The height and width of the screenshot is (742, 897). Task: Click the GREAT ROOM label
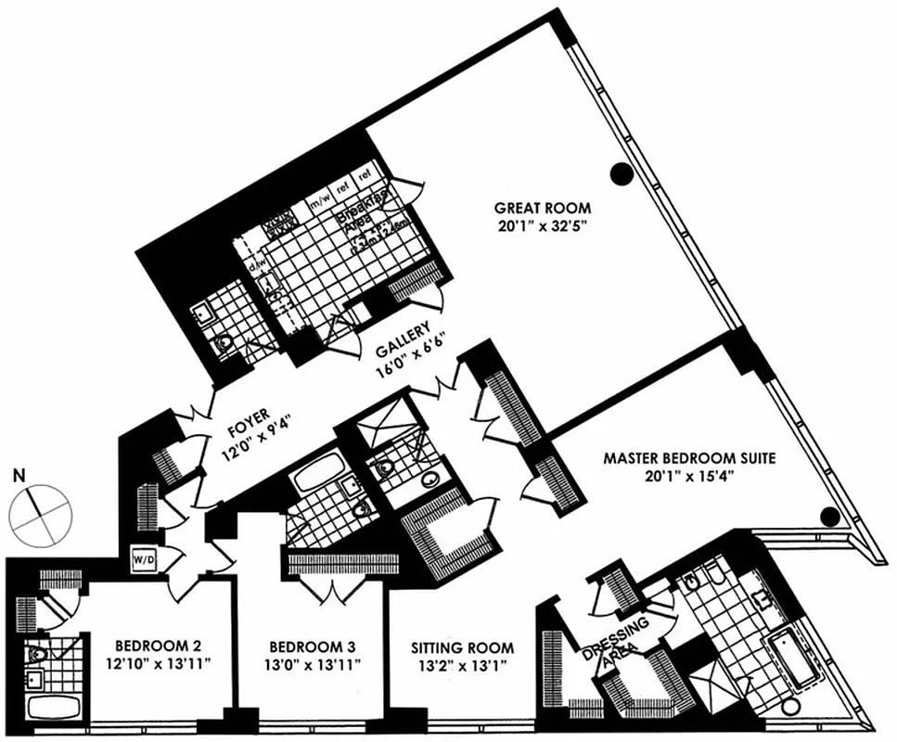click(542, 208)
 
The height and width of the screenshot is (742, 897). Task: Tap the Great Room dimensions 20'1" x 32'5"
click(542, 225)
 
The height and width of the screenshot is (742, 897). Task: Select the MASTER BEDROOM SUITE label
click(688, 457)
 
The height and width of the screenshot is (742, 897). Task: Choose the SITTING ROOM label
click(461, 647)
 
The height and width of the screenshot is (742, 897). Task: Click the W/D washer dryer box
click(144, 560)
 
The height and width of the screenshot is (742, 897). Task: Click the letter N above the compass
click(19, 476)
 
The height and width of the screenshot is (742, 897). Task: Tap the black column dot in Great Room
click(621, 172)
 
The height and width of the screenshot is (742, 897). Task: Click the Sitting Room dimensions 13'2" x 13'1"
click(461, 665)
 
